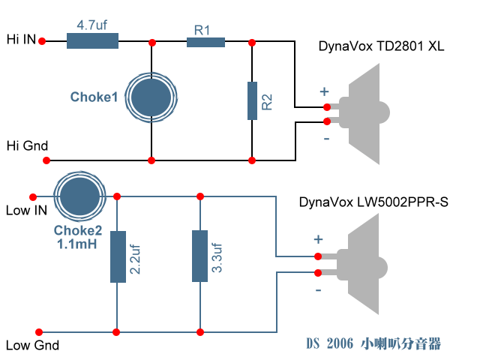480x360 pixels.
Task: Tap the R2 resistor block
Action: click(x=253, y=100)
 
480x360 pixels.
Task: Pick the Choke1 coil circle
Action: click(x=152, y=96)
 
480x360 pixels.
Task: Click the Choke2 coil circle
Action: click(x=79, y=196)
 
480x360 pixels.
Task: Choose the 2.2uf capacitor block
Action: click(x=118, y=256)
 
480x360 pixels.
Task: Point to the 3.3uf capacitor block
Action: click(x=199, y=256)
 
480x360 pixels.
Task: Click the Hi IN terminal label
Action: click(x=20, y=38)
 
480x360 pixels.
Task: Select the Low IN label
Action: click(x=26, y=211)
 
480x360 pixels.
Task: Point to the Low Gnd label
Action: click(x=31, y=346)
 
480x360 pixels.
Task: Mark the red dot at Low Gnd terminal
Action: click(x=40, y=331)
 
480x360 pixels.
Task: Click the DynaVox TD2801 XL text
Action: click(x=381, y=46)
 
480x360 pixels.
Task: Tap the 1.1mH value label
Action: click(x=77, y=244)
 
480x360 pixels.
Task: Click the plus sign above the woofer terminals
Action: click(x=318, y=239)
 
